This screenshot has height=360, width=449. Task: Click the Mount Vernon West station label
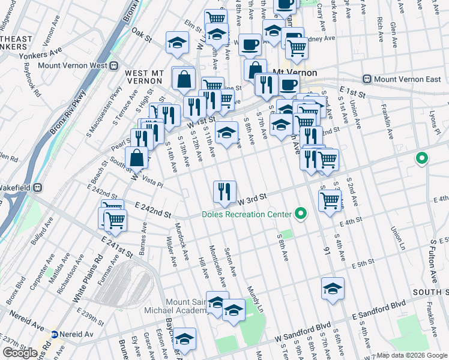(x=71, y=65)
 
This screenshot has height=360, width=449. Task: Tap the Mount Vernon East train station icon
(x=367, y=79)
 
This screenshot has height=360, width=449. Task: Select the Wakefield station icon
(x=37, y=187)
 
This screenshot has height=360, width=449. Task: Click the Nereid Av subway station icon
(x=54, y=335)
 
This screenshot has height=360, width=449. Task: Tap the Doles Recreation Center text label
(x=246, y=214)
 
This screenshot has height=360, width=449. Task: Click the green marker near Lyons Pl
(x=422, y=159)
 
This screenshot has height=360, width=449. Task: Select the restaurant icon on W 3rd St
(x=224, y=192)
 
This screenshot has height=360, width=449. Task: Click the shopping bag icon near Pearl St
(x=137, y=158)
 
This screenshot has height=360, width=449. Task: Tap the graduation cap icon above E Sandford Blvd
(x=333, y=289)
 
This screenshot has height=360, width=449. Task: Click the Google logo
(x=20, y=353)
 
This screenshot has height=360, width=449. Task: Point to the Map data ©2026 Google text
(x=412, y=355)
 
